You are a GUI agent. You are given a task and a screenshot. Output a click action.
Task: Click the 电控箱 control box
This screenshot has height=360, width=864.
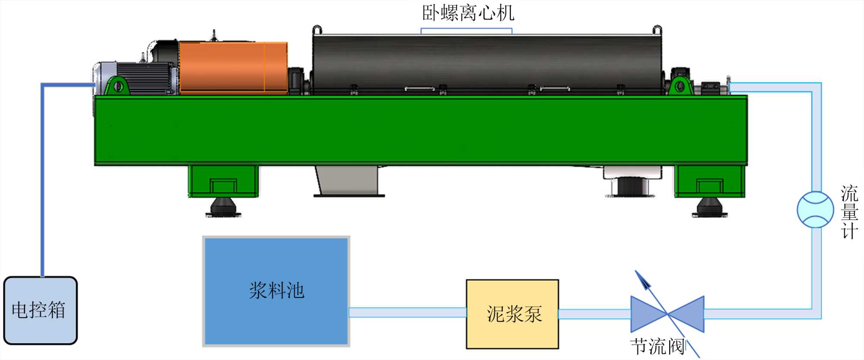tap(40, 310)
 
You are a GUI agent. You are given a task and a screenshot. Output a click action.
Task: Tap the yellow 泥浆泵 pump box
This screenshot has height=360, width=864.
tap(512, 314)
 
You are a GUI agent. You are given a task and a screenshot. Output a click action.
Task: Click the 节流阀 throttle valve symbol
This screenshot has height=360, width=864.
tap(667, 314)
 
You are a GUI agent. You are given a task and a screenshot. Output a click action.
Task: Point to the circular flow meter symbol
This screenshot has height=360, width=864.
tap(815, 210)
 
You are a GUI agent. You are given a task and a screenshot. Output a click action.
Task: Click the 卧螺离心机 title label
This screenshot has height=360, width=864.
tap(468, 13)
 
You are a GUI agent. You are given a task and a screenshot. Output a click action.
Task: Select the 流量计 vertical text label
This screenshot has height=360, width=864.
tap(849, 212)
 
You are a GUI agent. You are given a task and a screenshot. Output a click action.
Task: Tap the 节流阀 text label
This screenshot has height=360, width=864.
tap(657, 347)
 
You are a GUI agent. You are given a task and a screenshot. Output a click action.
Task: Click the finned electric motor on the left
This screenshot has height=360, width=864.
tap(143, 78)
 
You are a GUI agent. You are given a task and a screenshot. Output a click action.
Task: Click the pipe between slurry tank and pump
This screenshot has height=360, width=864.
tap(407, 312)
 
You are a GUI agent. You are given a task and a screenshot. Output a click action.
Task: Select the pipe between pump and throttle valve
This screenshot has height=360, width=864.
tap(594, 314)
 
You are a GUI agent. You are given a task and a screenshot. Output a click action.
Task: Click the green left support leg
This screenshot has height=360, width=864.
tap(223, 181)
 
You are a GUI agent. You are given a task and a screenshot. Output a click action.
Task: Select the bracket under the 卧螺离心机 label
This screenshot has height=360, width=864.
tap(467, 30)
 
